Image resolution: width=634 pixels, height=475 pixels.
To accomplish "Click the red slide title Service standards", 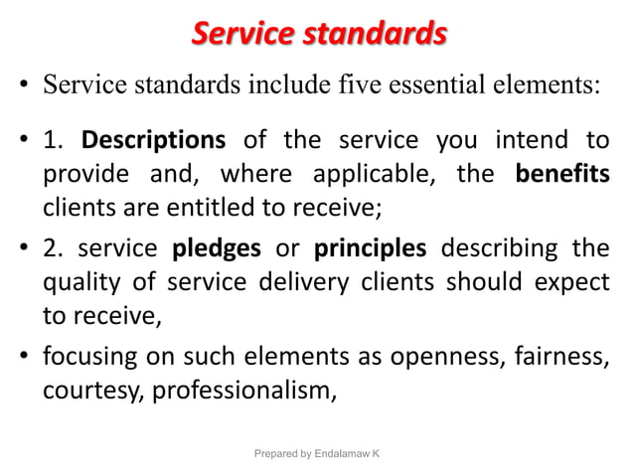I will click(x=318, y=35).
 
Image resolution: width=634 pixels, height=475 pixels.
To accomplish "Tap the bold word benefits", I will click(x=562, y=176).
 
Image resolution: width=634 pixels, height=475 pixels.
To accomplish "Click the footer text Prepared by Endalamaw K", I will click(x=317, y=453).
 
